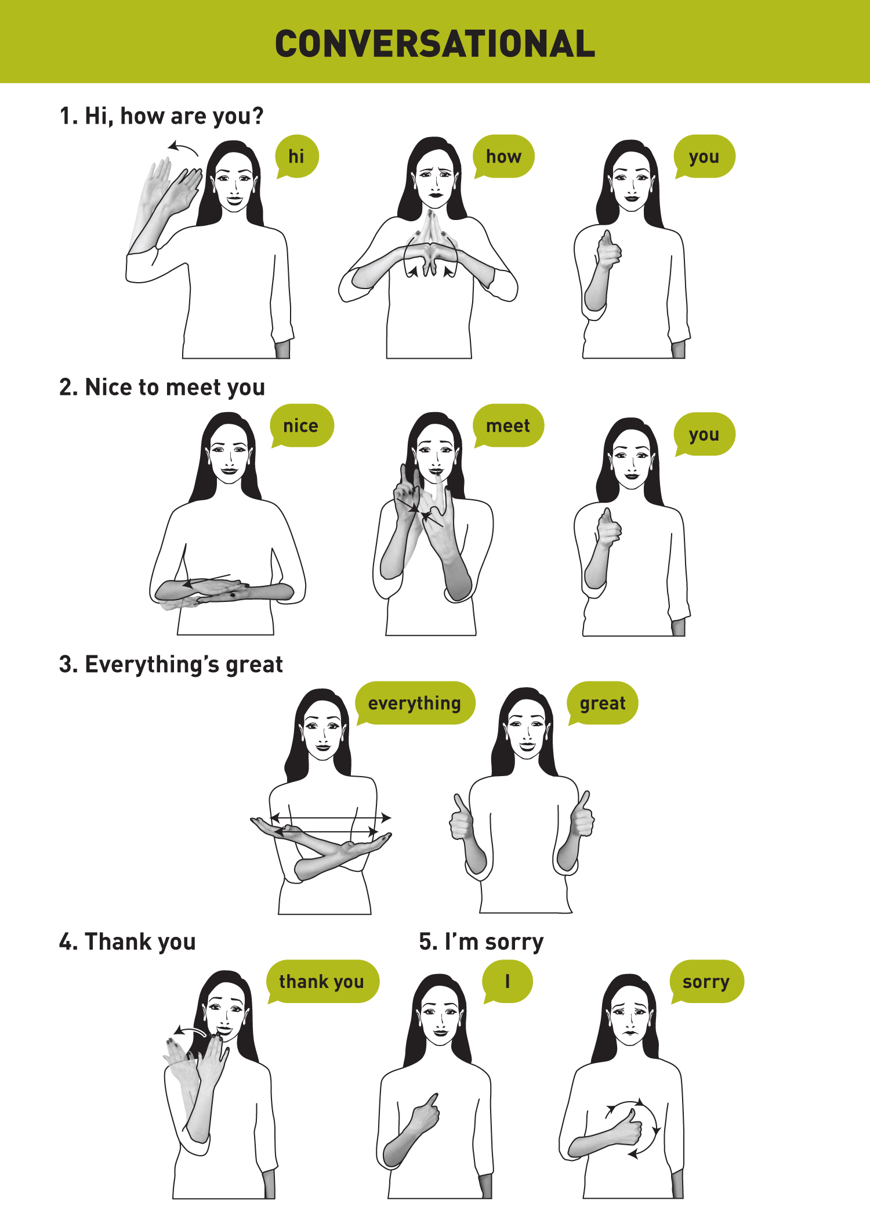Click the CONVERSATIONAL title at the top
[x=435, y=44]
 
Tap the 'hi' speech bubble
[x=297, y=157]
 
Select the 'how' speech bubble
[x=503, y=157]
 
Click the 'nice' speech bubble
[x=302, y=425]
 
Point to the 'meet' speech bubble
[x=508, y=425]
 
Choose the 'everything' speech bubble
[x=415, y=703]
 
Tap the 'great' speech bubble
[x=603, y=703]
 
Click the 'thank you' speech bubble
[x=322, y=982]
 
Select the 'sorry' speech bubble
[x=706, y=982]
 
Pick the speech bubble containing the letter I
[x=507, y=982]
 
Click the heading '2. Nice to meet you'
[x=162, y=387]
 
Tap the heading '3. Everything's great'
[x=171, y=665]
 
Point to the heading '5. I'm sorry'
[x=481, y=942]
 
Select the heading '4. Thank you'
[x=128, y=942]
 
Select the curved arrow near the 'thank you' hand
[x=190, y=1031]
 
